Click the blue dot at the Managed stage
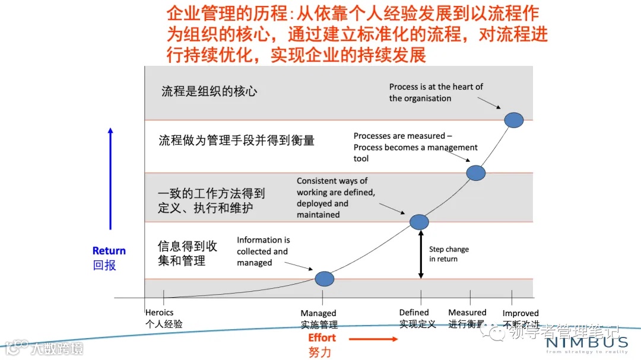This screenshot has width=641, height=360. click(x=324, y=278)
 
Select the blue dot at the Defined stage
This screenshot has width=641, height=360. click(x=419, y=222)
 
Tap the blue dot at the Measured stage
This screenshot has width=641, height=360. click(x=476, y=173)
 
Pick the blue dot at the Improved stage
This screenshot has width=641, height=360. click(x=514, y=120)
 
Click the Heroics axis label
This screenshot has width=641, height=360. click(x=160, y=313)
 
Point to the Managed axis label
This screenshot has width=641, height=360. click(x=319, y=313)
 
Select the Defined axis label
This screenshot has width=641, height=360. click(x=414, y=313)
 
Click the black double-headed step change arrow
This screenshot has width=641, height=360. click(x=421, y=254)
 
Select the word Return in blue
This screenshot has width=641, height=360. click(x=109, y=251)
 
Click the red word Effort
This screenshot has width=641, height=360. click(x=322, y=338)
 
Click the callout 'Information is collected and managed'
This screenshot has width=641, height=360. click(x=263, y=251)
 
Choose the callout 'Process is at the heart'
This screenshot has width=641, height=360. click(x=436, y=92)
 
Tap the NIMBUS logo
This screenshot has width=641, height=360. click(x=586, y=343)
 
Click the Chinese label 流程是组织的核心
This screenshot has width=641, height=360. click(x=210, y=92)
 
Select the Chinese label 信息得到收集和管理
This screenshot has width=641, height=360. click(x=188, y=253)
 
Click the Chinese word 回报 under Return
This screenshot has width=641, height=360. click(x=104, y=265)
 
